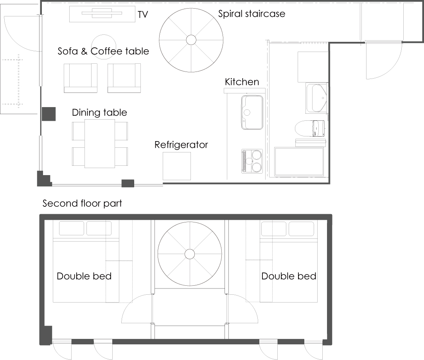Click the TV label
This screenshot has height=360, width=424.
(143, 14)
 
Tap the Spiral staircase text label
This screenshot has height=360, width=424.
(252, 14)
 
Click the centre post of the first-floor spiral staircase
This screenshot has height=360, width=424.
(191, 40)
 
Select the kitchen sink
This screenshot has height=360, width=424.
(252, 112)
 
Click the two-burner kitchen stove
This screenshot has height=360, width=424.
(252, 161)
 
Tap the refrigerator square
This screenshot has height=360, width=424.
(176, 166)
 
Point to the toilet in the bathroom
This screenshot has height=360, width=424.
(310, 128)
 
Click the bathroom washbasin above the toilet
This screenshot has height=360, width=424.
(317, 98)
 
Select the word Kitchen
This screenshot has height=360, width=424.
(242, 82)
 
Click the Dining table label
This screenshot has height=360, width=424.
(99, 113)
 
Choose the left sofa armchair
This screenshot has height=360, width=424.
(81, 78)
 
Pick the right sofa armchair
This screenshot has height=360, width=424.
(124, 78)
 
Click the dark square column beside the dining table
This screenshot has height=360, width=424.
(49, 114)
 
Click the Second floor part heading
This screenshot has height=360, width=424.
(82, 204)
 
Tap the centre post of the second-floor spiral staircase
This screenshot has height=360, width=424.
(190, 254)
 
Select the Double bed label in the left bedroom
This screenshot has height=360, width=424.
(84, 276)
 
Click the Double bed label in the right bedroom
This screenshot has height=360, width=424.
(289, 276)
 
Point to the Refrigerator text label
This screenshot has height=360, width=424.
(181, 145)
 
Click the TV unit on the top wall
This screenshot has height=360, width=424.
(102, 14)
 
